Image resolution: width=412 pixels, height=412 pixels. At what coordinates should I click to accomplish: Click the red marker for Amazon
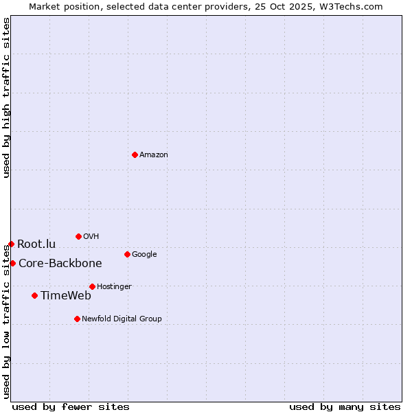pyautogui.click(x=135, y=154)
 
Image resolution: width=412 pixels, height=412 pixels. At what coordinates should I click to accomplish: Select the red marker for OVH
pyautogui.click(x=78, y=236)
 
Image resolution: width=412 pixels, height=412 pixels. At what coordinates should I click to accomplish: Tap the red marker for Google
pyautogui.click(x=127, y=254)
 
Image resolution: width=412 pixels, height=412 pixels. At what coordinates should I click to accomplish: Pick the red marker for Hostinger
pyautogui.click(x=92, y=286)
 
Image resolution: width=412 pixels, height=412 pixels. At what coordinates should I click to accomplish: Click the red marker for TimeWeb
pyautogui.click(x=34, y=295)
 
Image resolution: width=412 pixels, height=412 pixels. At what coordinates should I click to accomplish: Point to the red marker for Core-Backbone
pyautogui.click(x=12, y=263)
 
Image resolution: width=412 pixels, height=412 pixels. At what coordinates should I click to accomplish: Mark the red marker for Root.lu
pyautogui.click(x=11, y=244)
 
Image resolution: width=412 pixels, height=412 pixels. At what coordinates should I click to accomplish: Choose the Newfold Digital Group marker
pyautogui.click(x=77, y=319)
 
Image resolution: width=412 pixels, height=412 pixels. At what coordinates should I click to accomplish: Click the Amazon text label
pyautogui.click(x=154, y=155)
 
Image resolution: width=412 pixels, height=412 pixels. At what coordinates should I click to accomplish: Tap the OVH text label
pyautogui.click(x=91, y=237)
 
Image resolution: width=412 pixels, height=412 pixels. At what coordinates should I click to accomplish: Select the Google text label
pyautogui.click(x=144, y=255)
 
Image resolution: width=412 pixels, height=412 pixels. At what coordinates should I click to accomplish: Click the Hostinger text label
pyautogui.click(x=114, y=287)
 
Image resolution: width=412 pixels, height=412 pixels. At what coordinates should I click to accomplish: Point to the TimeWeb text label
pyautogui.click(x=66, y=296)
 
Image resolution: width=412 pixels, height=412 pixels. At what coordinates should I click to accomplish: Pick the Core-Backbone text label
pyautogui.click(x=60, y=264)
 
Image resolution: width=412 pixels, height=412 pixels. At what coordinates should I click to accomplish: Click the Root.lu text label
pyautogui.click(x=36, y=244)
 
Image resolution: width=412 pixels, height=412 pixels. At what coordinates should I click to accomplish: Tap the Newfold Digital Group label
pyautogui.click(x=122, y=319)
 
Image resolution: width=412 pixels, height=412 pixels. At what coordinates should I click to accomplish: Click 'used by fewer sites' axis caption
pyautogui.click(x=71, y=407)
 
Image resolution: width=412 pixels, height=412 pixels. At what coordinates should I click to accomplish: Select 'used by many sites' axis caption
pyautogui.click(x=345, y=407)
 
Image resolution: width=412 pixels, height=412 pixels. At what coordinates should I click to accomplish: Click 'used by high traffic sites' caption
pyautogui.click(x=7, y=98)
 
